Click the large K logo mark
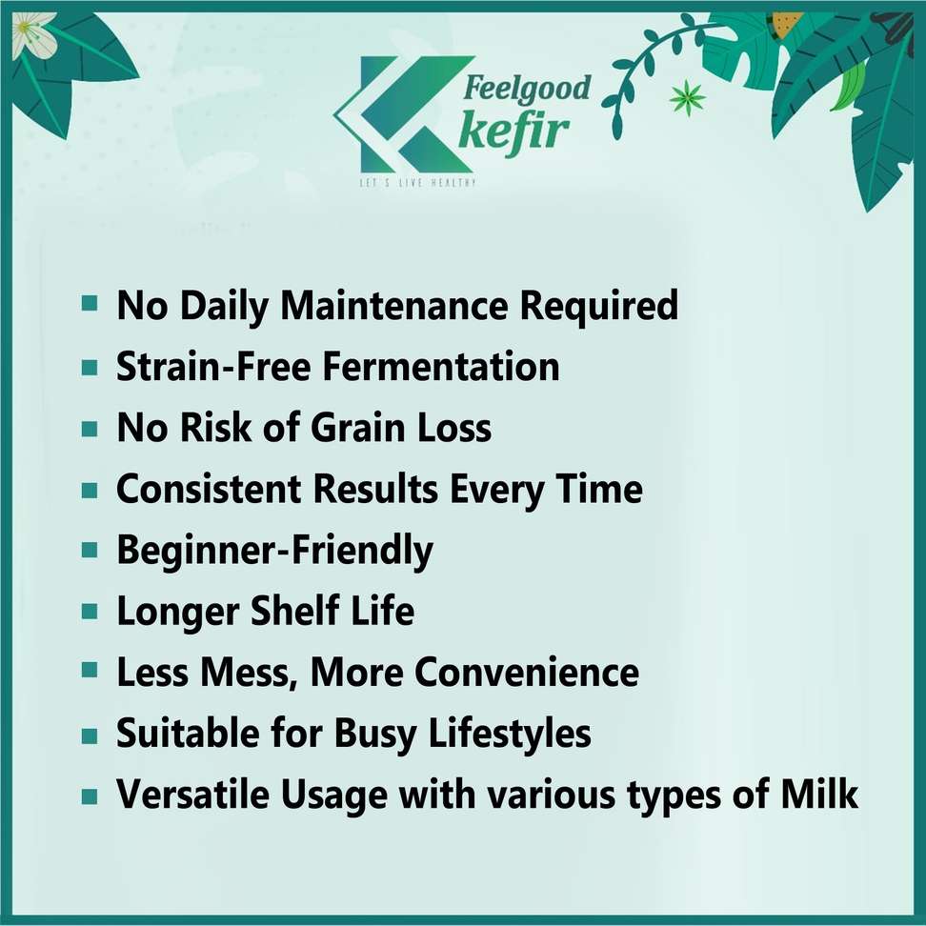405,114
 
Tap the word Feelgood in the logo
526,89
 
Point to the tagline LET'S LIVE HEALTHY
417,183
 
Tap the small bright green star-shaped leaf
688,97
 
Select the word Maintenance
393,305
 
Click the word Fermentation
440,366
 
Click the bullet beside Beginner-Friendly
90,551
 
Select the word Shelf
295,611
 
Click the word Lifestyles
509,735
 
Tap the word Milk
819,794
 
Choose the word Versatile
192,794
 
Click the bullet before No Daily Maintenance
90,304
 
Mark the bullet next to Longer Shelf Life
90,611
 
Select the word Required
599,306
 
